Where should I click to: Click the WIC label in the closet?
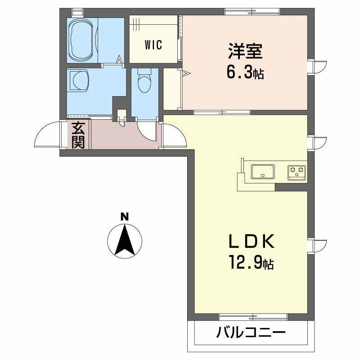click(x=153, y=45)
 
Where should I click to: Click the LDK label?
click(x=251, y=242)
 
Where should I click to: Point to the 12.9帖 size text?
click(x=251, y=262)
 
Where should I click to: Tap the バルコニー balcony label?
click(x=251, y=333)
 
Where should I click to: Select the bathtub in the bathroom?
click(x=82, y=40)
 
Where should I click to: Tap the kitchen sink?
click(x=263, y=172)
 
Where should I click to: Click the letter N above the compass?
click(x=125, y=216)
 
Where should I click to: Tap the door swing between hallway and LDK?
click(x=175, y=134)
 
